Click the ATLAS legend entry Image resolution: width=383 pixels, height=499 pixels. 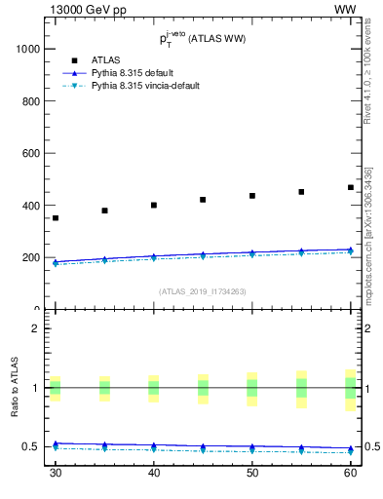pos(105,60)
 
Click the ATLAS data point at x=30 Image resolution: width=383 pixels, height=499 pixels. pos(56,218)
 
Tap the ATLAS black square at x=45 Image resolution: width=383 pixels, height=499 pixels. pos(203,200)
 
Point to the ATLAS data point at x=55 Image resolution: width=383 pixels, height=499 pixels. pos(301,192)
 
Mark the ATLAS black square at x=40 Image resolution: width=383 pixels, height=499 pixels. pos(154,206)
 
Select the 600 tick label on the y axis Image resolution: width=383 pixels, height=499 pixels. pos(28,153)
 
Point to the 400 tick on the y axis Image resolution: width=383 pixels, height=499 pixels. pos(28,206)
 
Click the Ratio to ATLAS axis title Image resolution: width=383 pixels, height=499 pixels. pos(14,388)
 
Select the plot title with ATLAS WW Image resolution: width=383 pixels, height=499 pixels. pos(203,40)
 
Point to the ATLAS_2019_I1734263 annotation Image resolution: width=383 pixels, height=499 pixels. pos(203,290)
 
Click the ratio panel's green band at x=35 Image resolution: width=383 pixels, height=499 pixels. pos(104,388)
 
